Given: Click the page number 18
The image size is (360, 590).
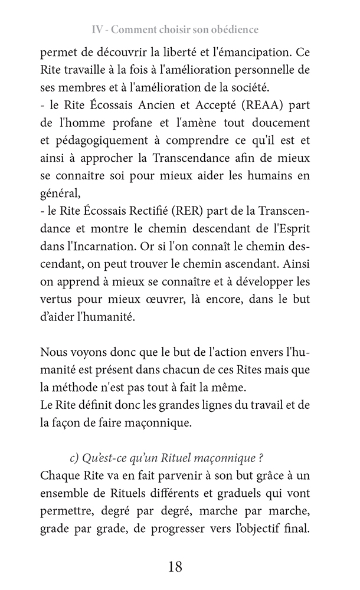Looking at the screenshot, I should click(x=175, y=567).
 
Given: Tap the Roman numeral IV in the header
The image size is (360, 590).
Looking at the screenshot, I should click(x=100, y=29).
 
